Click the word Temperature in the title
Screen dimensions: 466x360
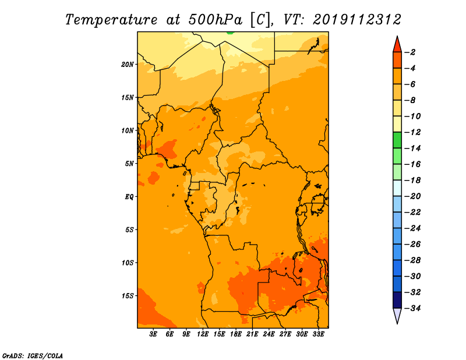tap(111, 20)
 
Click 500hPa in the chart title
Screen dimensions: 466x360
tap(215, 20)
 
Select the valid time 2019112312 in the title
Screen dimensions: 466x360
tap(357, 20)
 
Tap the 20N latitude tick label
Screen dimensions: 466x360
tap(128, 65)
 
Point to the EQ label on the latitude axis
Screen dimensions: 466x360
tap(129, 197)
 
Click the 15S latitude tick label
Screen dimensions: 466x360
tap(128, 296)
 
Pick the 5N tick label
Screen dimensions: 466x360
tap(129, 164)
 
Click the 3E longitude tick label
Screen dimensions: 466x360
tap(153, 334)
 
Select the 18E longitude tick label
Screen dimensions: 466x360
tap(235, 334)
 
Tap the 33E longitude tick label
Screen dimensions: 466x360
tap(318, 334)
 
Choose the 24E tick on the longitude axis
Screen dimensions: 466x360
tap(269, 334)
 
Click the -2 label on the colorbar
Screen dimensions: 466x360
tap(410, 52)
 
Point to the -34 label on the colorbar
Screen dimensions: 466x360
tap(412, 308)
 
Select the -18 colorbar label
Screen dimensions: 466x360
tap(412, 181)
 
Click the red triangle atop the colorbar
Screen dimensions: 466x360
tap(397, 44)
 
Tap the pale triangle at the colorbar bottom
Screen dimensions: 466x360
tap(397, 315)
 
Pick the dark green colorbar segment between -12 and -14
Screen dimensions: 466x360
tap(397, 140)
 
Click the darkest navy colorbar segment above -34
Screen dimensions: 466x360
tap(397, 300)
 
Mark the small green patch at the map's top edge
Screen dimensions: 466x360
tap(230, 33)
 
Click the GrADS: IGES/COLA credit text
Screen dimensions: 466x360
tap(33, 355)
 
